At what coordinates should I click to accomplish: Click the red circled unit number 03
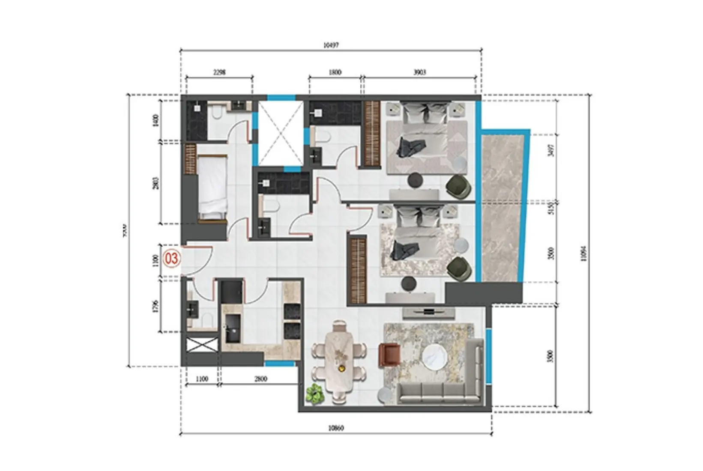point(172,259)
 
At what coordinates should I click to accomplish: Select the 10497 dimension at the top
point(331,45)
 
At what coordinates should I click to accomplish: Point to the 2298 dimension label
point(219,72)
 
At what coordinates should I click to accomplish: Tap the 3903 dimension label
point(419,72)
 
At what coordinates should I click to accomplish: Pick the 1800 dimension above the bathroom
point(335,72)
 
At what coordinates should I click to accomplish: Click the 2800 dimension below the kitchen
point(260,379)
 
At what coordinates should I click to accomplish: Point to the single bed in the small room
point(212,188)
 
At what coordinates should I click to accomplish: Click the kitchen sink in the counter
point(233,328)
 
